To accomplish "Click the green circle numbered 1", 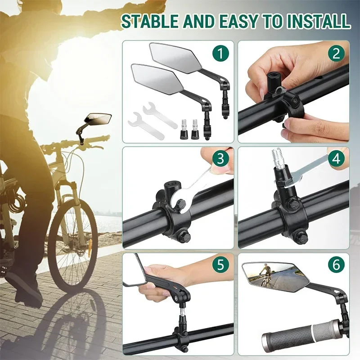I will (x=220, y=54).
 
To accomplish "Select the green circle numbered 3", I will (x=220, y=159).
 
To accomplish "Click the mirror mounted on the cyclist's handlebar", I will (x=98, y=119).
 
